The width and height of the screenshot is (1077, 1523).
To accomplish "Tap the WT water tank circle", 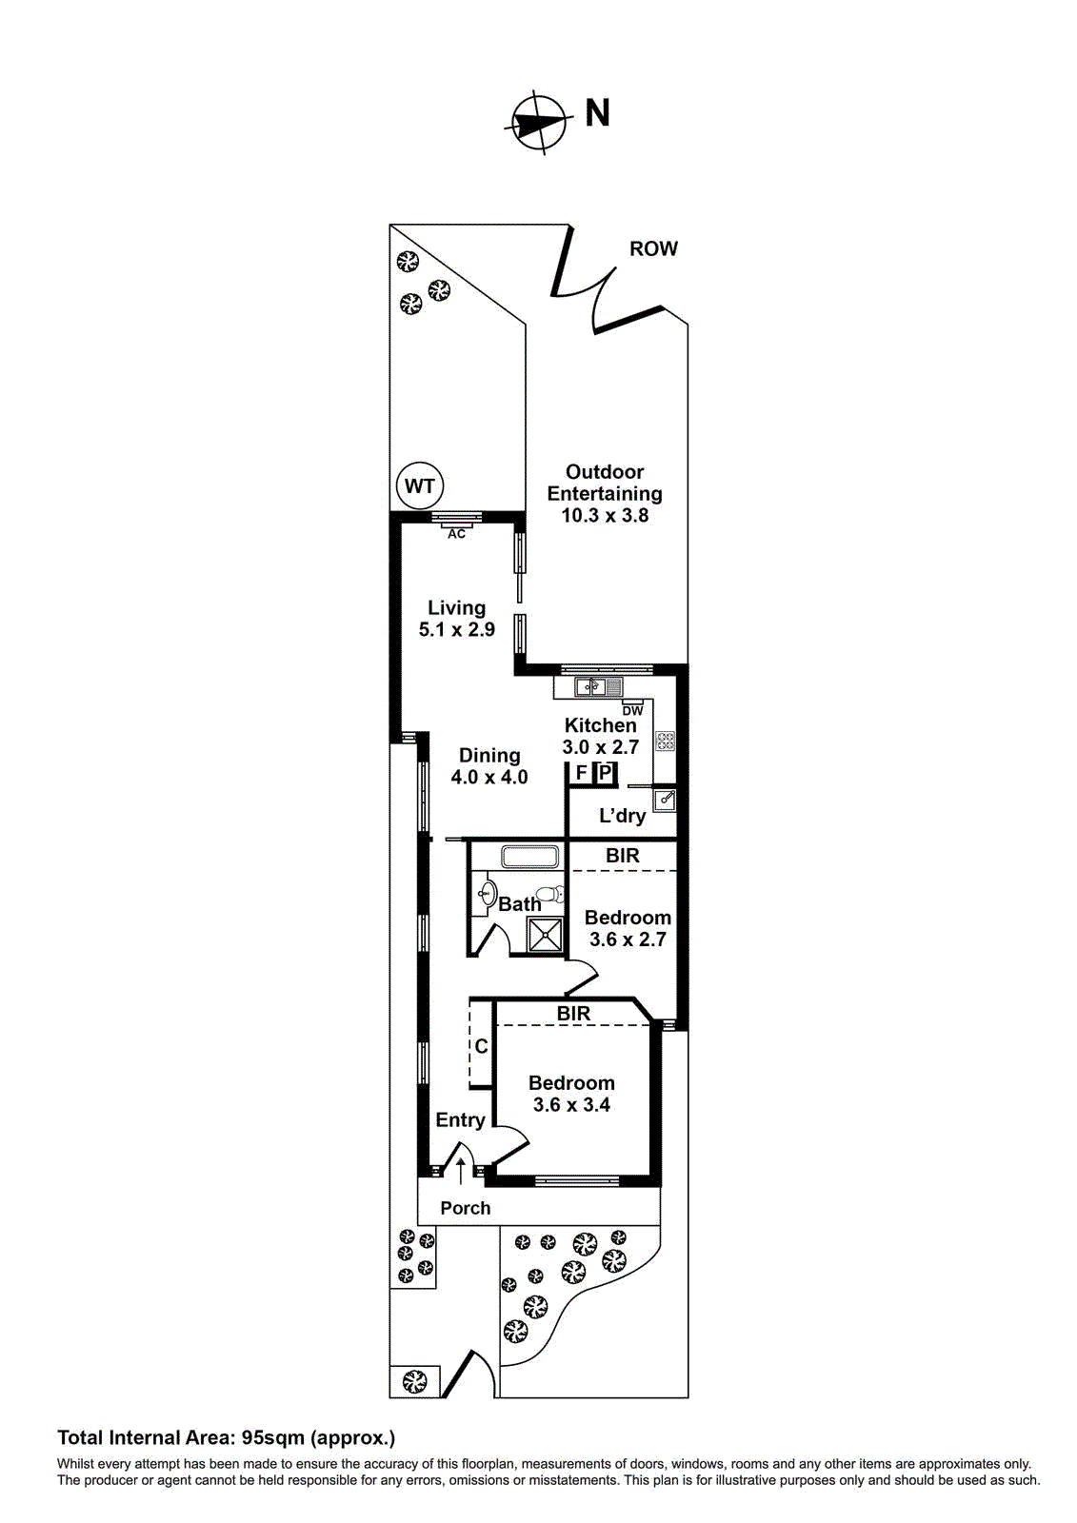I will pos(420,486).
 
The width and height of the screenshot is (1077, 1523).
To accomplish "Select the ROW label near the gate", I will pos(653,248).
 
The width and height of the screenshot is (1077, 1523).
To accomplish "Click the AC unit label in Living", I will pos(457,534).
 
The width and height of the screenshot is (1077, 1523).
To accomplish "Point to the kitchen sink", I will pos(598,686).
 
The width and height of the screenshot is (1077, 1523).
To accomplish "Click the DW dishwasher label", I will pos(632,710).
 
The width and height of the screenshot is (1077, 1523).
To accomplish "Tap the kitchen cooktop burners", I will pos(665,741).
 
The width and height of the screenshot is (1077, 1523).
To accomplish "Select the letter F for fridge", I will pos(581,773).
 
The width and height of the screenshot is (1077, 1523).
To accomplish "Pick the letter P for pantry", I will pos(606,773).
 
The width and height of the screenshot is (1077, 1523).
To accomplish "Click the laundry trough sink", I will pos(666,800).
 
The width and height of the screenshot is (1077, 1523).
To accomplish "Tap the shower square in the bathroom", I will pos(546,934).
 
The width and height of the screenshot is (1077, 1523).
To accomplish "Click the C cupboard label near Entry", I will pos(481,1046).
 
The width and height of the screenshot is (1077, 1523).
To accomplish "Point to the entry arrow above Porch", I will pos(461,1171).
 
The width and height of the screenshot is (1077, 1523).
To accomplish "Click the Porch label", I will pos(466,1208).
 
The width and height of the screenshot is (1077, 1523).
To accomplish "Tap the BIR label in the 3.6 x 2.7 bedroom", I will pos(623,856).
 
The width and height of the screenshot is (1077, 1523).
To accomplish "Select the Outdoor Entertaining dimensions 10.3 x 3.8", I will pos(605,516).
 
